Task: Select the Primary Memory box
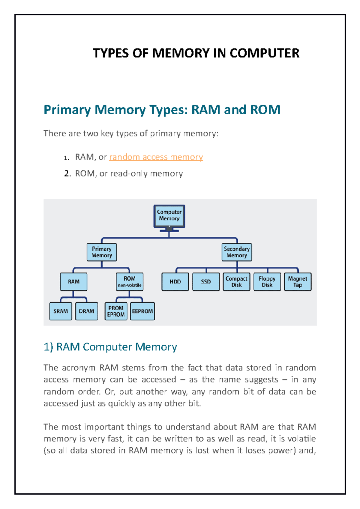102,252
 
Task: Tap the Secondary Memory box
237,252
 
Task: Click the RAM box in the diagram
73,282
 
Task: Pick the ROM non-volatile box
130,282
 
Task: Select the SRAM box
61,311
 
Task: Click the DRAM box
86,311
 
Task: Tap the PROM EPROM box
116,311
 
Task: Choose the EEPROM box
142,311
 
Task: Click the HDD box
175,282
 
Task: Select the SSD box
206,282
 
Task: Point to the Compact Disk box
236,282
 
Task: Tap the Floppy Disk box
267,282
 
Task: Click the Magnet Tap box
298,282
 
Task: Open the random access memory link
156,157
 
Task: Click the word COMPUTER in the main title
264,53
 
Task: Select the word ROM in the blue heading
265,110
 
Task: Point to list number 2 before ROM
67,174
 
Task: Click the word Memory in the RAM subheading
156,347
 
